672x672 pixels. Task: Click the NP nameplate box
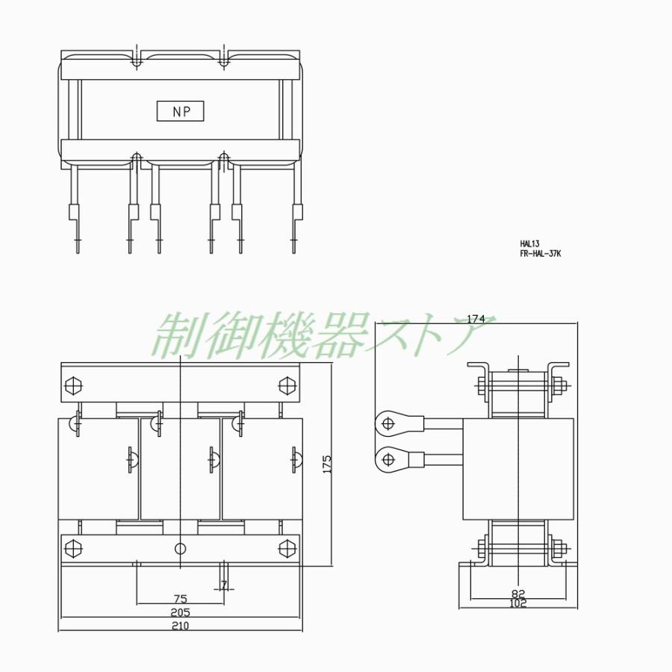click(x=180, y=111)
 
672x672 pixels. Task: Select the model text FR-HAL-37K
click(x=540, y=253)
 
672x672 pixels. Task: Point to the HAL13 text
click(x=529, y=244)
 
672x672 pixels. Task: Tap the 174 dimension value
click(x=476, y=319)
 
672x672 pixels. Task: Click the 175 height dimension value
click(x=327, y=464)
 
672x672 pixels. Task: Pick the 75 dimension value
click(x=181, y=599)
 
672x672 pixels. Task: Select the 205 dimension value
click(x=181, y=612)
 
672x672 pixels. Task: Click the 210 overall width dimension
click(x=181, y=626)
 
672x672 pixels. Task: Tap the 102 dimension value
click(x=518, y=603)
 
